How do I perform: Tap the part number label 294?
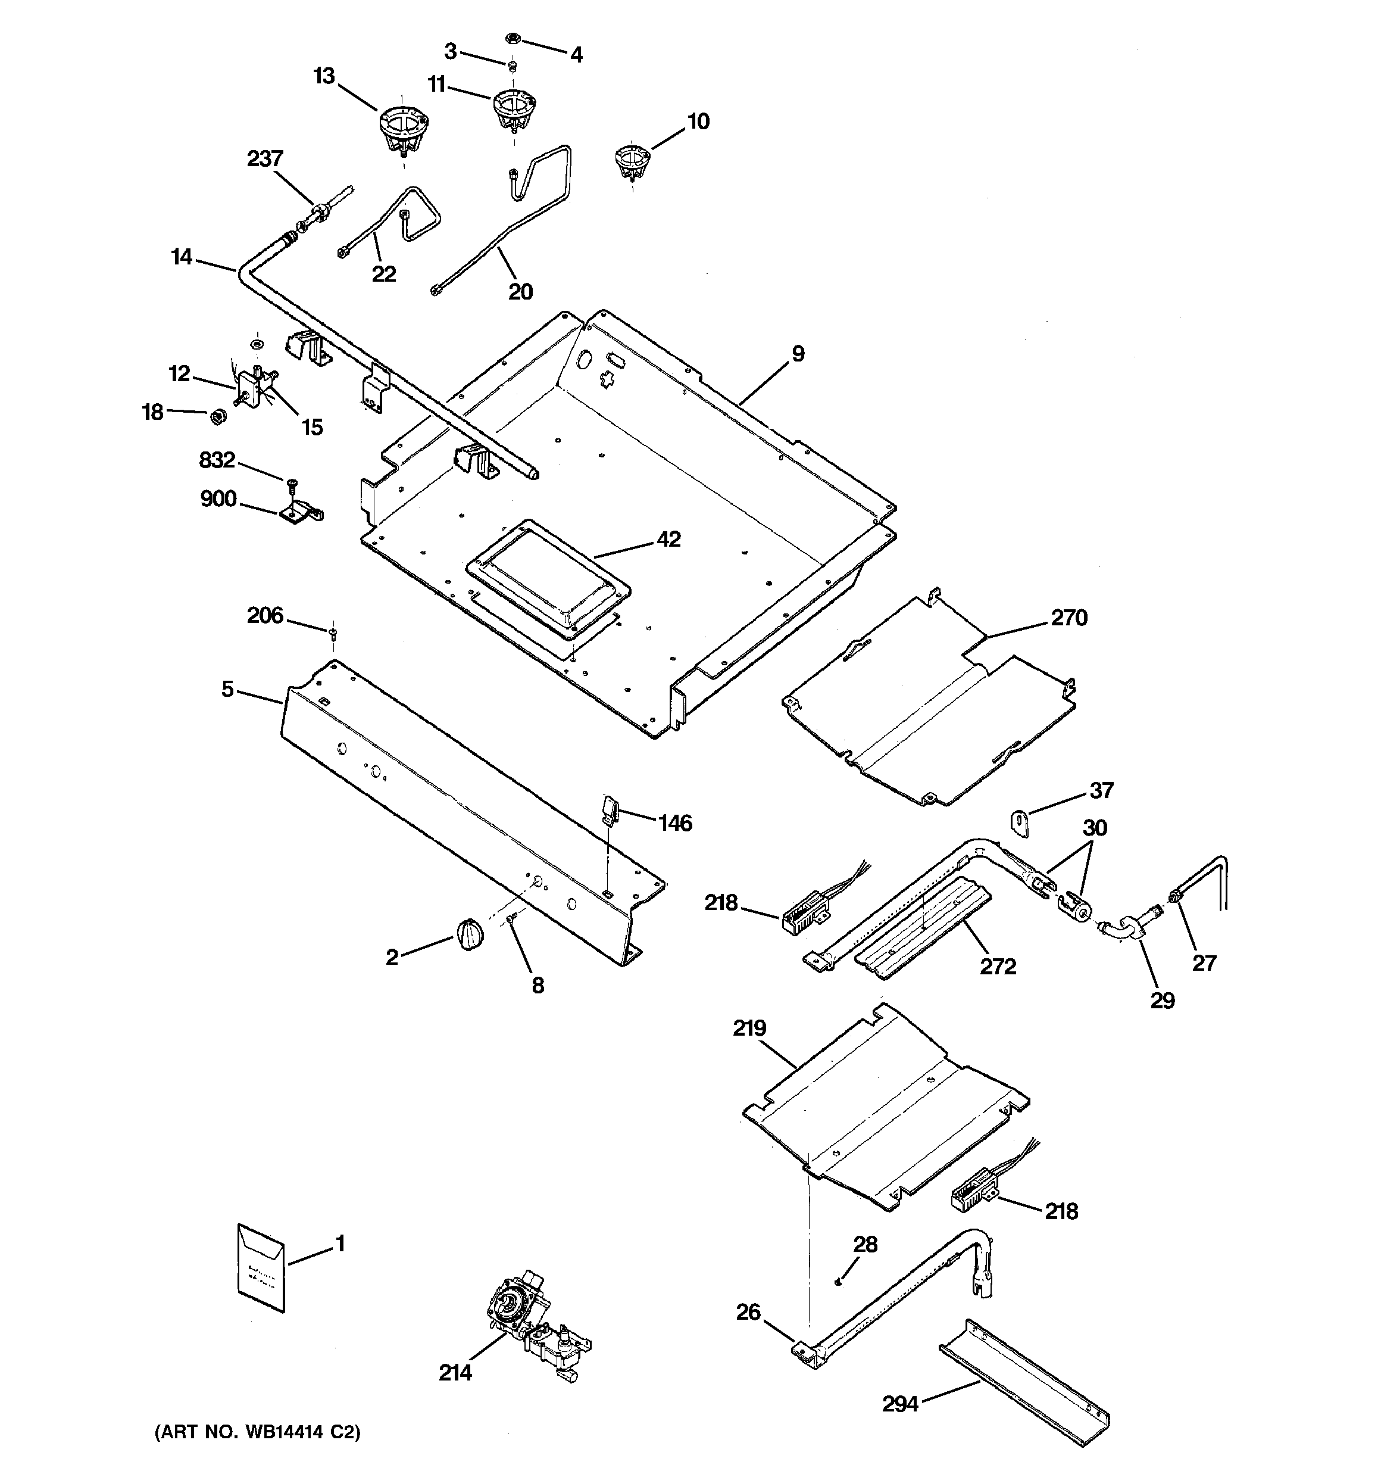(x=900, y=1404)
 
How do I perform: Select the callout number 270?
(x=1068, y=618)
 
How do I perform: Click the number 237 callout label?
(x=265, y=158)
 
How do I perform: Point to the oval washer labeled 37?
(x=1021, y=823)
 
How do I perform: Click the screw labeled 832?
(x=290, y=482)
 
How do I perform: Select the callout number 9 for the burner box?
(x=798, y=354)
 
